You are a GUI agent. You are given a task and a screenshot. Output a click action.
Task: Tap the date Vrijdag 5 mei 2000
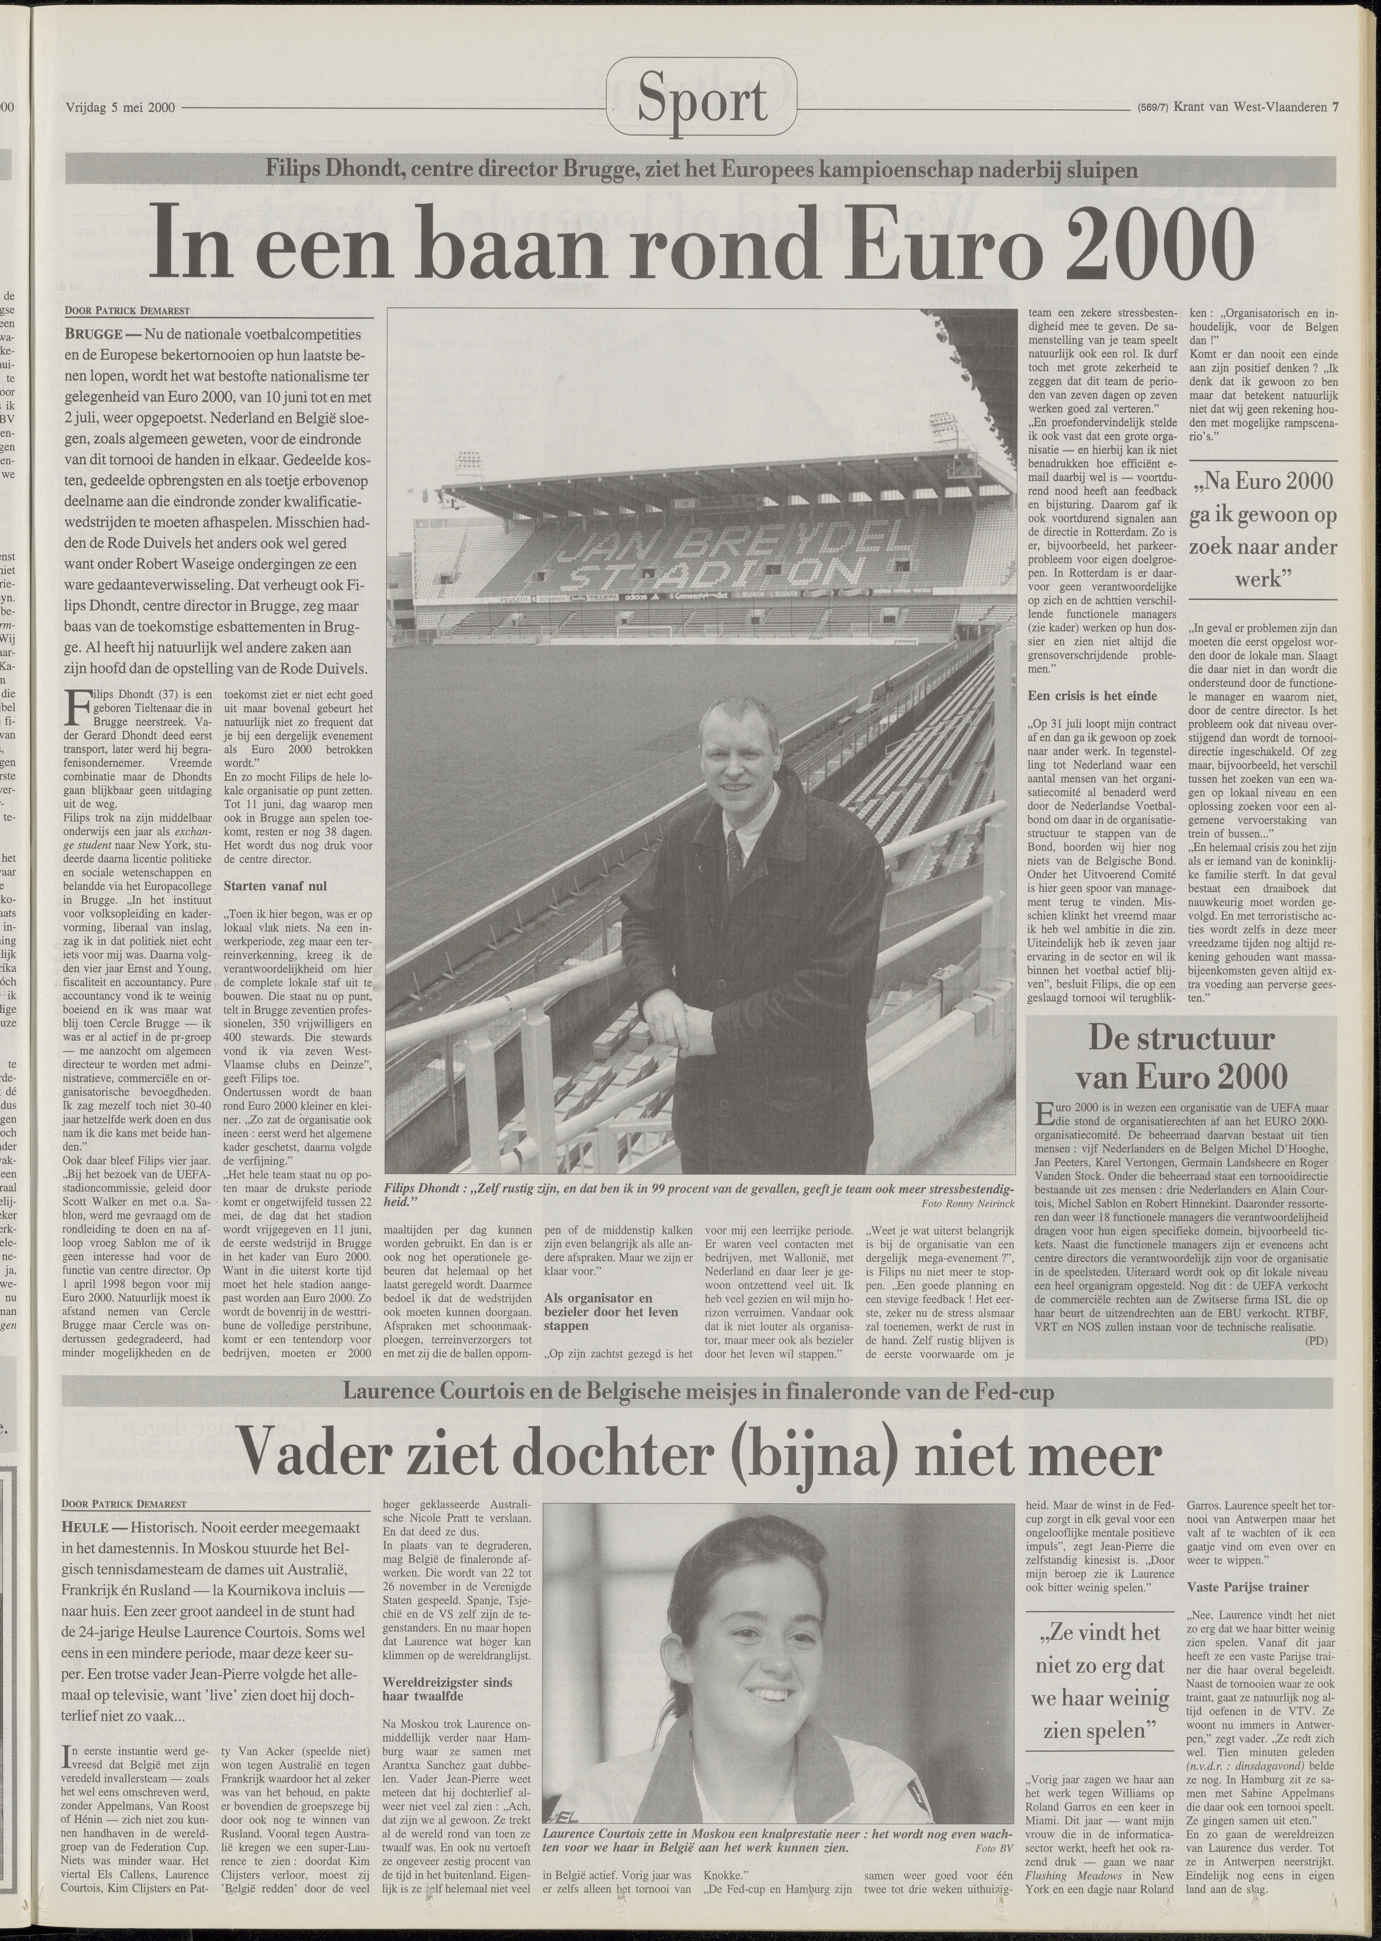[x=120, y=108]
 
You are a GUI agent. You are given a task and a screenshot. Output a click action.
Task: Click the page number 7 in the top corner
[x=1336, y=107]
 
